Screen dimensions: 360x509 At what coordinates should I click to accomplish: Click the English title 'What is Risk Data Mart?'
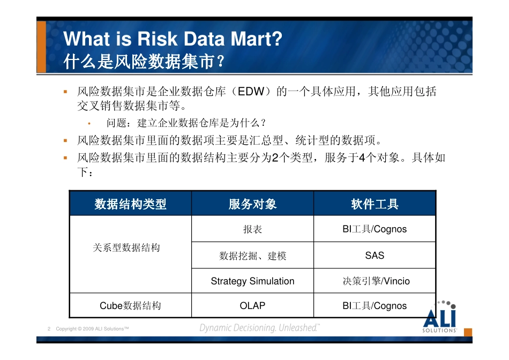(x=173, y=39)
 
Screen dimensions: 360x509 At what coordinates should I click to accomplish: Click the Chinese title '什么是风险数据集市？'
(x=143, y=62)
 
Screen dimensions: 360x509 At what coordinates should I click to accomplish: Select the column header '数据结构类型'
(x=130, y=204)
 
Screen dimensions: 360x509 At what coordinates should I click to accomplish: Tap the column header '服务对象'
(x=252, y=204)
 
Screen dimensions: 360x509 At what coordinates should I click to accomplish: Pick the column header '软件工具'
(x=375, y=204)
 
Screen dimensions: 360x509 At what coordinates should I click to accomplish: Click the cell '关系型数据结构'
(x=126, y=247)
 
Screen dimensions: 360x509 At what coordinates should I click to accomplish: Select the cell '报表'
(x=252, y=229)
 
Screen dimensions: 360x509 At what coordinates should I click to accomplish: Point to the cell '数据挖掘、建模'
(x=252, y=256)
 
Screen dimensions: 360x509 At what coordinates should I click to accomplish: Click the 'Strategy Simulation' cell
(x=252, y=281)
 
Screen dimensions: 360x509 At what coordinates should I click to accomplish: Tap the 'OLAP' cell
(x=252, y=306)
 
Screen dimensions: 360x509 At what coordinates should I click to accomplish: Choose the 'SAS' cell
(x=375, y=256)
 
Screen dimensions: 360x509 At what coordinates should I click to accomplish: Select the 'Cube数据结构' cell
(x=130, y=306)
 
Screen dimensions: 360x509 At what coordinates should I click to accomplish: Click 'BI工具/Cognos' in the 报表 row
(x=375, y=229)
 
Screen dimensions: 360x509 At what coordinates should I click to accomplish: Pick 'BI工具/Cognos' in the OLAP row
(x=375, y=306)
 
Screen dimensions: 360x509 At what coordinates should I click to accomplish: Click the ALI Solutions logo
(x=440, y=318)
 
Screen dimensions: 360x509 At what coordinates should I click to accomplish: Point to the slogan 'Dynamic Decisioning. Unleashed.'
(x=259, y=328)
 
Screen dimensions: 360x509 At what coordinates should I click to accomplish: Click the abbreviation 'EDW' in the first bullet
(x=251, y=92)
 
